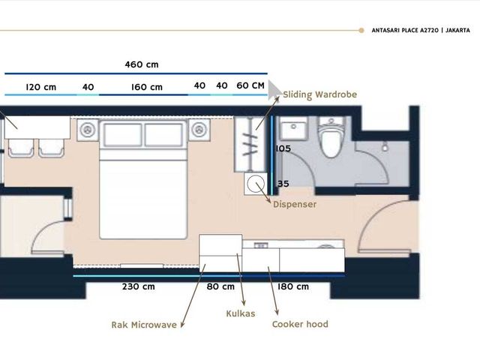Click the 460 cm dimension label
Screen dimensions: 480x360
(142, 64)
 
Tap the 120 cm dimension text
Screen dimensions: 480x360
(41, 87)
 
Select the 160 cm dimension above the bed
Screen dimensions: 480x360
(147, 87)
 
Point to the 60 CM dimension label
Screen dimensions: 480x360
(250, 85)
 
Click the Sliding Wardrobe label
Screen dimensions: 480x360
(320, 94)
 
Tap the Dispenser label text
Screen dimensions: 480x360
(295, 204)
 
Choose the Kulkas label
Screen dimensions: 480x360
(241, 313)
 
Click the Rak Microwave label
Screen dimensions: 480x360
(144, 325)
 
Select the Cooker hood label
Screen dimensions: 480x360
(300, 324)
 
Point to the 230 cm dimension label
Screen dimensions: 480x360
(138, 286)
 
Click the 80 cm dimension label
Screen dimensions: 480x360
(220, 286)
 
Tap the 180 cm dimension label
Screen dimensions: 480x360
(293, 286)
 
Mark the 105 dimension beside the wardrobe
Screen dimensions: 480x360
(283, 148)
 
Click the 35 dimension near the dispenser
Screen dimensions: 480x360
(283, 184)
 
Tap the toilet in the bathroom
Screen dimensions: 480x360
(331, 137)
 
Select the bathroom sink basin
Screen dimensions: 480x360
(293, 129)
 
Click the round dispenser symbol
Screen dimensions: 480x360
(256, 184)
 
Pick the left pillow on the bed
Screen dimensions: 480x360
(123, 135)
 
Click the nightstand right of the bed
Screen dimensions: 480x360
(199, 130)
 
